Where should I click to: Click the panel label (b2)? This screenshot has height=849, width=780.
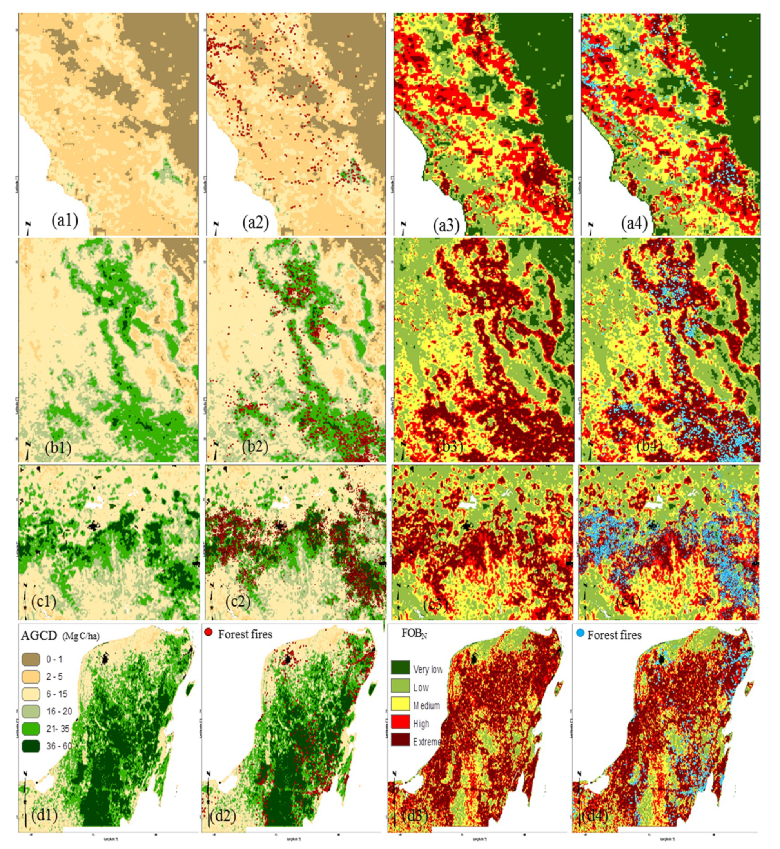255,447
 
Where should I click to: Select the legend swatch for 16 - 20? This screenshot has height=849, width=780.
31,711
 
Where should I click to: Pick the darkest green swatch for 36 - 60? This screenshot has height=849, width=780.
31,746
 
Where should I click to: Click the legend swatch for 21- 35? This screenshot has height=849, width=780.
31,729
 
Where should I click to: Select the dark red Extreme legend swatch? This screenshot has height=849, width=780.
400,740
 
